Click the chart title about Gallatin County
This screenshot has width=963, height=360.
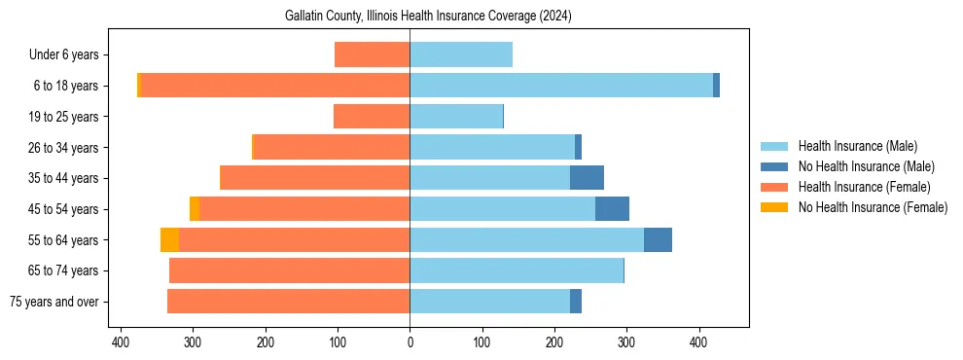coord(428,17)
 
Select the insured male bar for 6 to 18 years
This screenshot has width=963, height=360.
coord(561,86)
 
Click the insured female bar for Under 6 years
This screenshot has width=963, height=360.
coord(372,54)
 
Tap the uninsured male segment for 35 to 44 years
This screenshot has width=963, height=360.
coord(587,178)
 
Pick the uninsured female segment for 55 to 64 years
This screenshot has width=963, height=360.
coord(169,239)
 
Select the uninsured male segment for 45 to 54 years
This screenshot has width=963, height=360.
coord(612,209)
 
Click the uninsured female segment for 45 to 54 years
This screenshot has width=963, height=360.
coord(195,209)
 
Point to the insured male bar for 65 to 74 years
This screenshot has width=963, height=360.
coord(517,270)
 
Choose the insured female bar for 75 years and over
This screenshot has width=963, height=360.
coord(288,302)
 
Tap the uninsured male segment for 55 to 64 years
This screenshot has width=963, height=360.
coord(658,239)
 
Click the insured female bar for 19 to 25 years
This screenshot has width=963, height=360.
coord(372,117)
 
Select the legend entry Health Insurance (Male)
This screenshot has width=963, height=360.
coord(856,146)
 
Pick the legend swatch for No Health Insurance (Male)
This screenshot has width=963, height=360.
coord(774,166)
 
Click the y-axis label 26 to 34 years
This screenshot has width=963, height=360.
coord(64,148)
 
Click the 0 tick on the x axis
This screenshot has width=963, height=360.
coord(410,342)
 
